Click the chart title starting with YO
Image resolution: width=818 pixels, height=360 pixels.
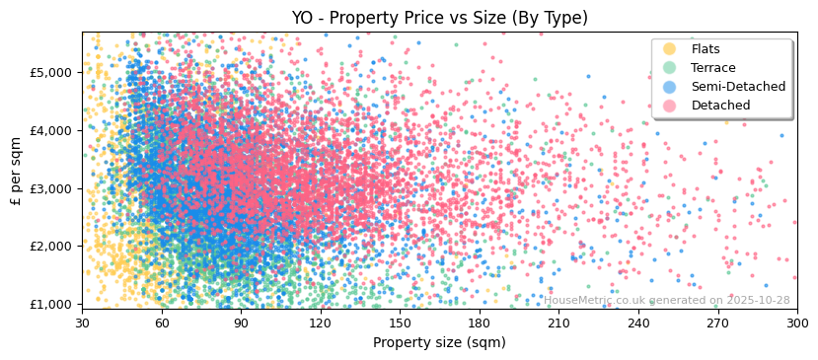pos(439,18)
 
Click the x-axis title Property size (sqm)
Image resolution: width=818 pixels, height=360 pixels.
pos(439,342)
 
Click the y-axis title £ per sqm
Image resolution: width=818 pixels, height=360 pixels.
pos(16,170)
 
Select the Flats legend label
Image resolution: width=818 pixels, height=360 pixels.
pos(705,49)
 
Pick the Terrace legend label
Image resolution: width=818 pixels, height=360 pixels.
pos(712,68)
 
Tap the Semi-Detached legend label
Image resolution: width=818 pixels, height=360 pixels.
pos(738,87)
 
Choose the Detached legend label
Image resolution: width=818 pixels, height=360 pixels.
pos(720,106)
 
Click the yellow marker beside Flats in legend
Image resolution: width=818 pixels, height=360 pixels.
pos(670,49)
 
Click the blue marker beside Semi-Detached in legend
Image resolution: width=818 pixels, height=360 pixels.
pos(670,87)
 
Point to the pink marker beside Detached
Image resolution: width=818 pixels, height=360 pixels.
pos(670,106)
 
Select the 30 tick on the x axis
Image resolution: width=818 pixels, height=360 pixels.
pos(82,323)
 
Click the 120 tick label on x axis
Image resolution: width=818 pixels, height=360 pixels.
pos(321,323)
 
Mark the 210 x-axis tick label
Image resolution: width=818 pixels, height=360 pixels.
pos(558,323)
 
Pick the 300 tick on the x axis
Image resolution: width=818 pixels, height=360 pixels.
pos(796,323)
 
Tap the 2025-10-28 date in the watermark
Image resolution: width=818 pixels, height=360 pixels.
pos(757,301)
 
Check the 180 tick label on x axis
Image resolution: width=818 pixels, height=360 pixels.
pos(480,323)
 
